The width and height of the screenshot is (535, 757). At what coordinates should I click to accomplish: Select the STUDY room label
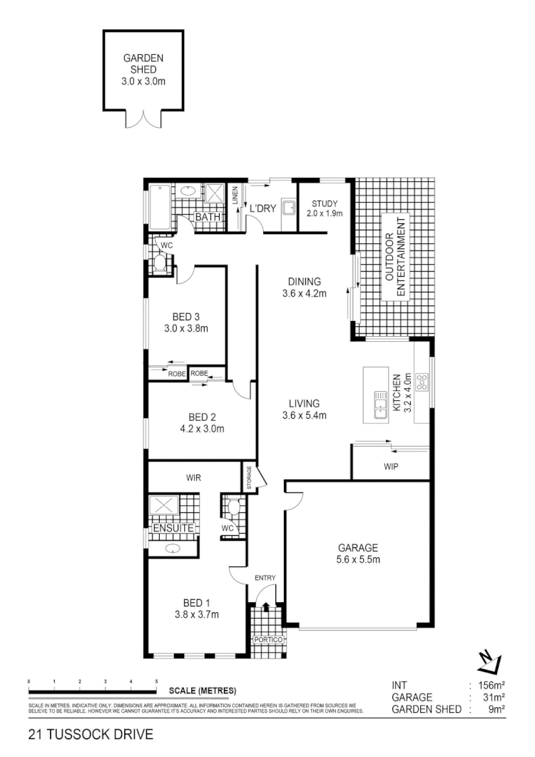[x=325, y=208]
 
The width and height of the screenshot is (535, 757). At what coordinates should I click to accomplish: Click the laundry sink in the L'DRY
[x=288, y=208]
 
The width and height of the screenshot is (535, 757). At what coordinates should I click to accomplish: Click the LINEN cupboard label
[x=235, y=198]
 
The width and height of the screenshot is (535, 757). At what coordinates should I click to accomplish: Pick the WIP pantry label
[x=390, y=467]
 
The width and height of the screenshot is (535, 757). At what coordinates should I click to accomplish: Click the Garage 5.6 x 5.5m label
[x=357, y=554]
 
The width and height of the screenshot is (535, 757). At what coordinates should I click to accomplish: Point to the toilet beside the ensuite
[x=232, y=509]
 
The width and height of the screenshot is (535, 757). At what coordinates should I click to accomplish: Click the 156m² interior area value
[x=491, y=686]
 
